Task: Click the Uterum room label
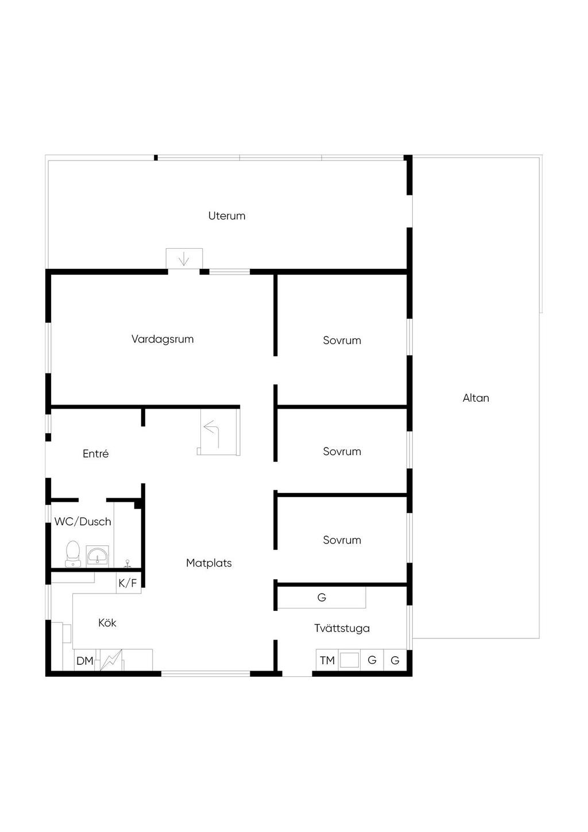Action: coord(226,216)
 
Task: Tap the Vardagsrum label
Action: coord(163,339)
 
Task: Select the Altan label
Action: coord(475,398)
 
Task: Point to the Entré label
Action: coord(96,453)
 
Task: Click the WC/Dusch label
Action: coord(83,522)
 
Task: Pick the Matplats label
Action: coord(208,563)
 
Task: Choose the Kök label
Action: coord(107,622)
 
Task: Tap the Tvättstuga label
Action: coord(342,628)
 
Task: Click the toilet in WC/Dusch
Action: coord(73,554)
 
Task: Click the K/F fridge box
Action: coord(129,583)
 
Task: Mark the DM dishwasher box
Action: coord(85,661)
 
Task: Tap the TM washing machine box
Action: coord(327,660)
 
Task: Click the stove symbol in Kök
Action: coord(111,660)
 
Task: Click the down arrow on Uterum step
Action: coord(184,259)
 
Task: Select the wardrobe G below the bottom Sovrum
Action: coord(322,597)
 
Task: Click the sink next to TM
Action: coord(349,660)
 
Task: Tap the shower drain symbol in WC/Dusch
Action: coord(127,564)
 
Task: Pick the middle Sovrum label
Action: coord(342,451)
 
